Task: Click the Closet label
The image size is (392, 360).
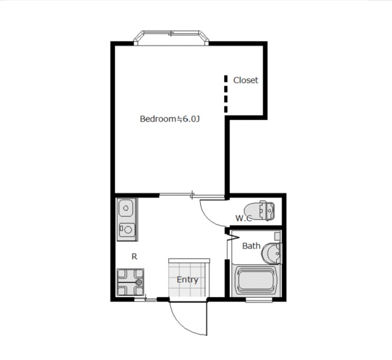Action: [246, 80]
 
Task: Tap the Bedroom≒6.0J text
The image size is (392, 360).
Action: [170, 119]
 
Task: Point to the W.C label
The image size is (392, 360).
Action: [244, 218]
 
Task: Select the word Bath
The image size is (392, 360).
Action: [251, 246]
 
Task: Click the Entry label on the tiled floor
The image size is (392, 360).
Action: [188, 280]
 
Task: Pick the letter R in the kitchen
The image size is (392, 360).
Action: [134, 257]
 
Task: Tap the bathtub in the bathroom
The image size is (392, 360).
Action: [256, 280]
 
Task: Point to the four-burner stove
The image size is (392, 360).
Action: [130, 282]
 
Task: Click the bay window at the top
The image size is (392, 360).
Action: [171, 38]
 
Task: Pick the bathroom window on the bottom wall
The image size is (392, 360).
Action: [259, 300]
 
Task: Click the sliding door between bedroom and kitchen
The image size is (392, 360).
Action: [192, 195]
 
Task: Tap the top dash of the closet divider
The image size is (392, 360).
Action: [226, 79]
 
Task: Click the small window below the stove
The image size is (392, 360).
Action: [145, 299]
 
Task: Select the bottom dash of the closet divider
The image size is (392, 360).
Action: [226, 109]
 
